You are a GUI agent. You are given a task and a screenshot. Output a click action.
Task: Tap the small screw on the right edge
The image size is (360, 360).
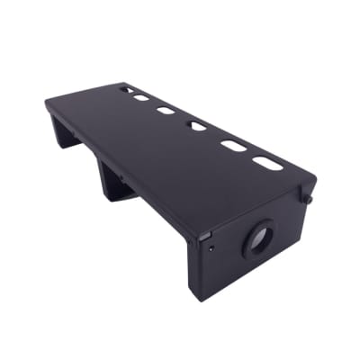pos(310,196)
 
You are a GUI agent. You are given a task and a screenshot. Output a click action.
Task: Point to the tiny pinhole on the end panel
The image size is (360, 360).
pos(210,241)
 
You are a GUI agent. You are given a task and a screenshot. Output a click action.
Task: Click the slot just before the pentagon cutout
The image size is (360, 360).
pos(166,111)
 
